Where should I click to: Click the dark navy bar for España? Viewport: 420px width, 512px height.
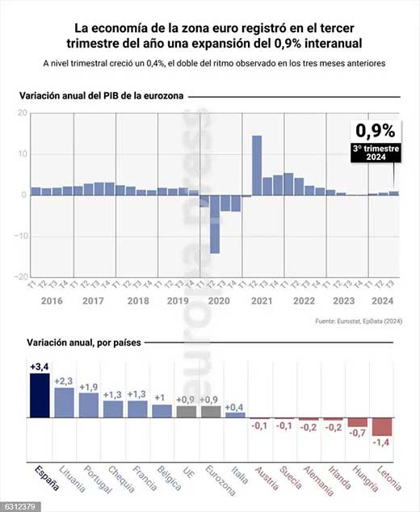point(40,395)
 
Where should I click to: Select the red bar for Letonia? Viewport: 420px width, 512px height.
point(381,426)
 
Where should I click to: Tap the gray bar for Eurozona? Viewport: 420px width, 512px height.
point(211,411)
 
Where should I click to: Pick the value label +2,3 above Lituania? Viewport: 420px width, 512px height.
point(64,381)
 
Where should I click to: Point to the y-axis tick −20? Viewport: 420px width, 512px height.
point(20,276)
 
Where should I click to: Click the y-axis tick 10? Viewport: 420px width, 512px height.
point(21,153)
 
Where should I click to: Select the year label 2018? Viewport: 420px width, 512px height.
point(138,301)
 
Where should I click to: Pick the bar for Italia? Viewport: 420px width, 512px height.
point(235,415)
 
